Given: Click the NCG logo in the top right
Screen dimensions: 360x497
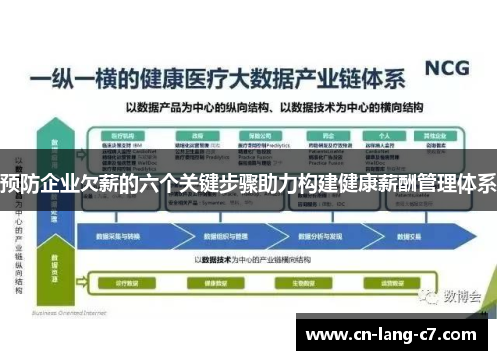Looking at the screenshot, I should (446, 69).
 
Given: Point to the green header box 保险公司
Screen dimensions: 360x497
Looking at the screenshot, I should (261, 135).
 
